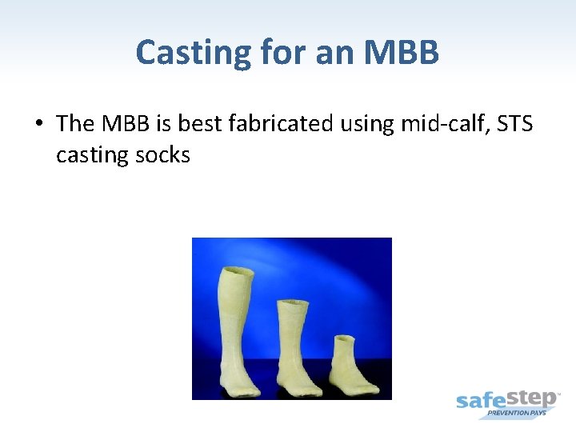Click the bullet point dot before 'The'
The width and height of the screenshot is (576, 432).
click(x=38, y=124)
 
